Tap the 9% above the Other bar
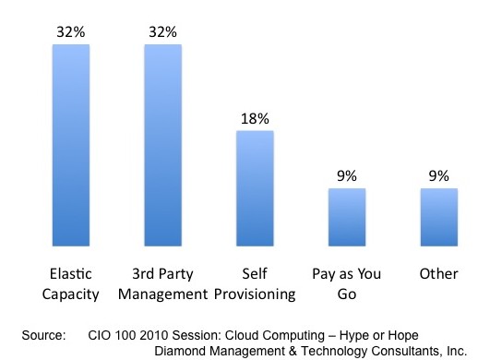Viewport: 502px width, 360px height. [439, 175]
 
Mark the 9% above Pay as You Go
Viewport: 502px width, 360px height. [347, 175]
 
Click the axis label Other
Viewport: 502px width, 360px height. [439, 274]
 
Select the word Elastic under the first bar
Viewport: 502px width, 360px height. [70, 274]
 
